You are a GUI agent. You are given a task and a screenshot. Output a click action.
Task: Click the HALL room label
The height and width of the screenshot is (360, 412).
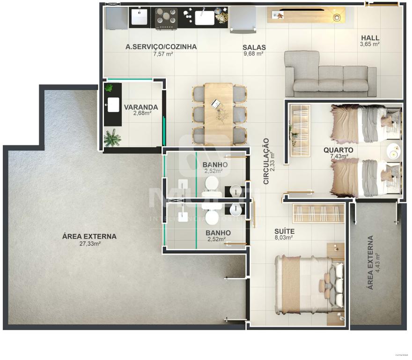369,38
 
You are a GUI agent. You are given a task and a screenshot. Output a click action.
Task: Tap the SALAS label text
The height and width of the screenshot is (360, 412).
254,47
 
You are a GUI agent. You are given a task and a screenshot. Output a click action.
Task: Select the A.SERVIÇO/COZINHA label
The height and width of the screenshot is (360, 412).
161,47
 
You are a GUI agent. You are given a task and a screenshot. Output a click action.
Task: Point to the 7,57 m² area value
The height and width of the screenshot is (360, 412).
163,54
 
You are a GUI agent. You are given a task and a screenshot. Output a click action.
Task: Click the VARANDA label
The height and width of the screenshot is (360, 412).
141,107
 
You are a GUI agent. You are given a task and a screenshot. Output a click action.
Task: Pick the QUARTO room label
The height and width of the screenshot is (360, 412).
338,150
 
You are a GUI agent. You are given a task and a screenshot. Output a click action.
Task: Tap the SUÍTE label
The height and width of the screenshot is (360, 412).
284,231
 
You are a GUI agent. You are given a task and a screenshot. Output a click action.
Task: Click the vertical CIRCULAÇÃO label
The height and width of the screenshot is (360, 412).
266,160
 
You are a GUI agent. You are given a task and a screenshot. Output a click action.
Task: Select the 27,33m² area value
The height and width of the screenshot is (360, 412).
89,244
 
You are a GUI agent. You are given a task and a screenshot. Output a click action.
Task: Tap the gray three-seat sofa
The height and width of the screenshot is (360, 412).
330,75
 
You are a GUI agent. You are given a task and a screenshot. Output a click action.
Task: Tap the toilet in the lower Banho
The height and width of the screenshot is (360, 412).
212,215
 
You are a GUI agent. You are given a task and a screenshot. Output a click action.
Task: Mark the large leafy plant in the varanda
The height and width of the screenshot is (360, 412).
112,138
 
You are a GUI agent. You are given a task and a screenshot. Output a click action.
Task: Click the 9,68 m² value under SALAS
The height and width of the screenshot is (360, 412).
253,54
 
